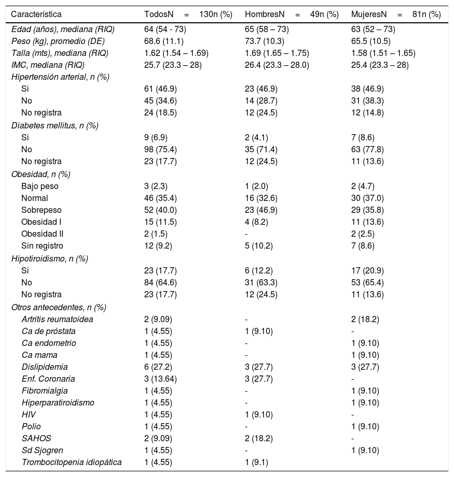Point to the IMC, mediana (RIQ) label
[x=48, y=65]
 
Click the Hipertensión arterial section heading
[x=60, y=77]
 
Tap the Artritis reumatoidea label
[x=57, y=319]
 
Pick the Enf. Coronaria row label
[x=48, y=379]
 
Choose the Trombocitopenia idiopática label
[x=72, y=462]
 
